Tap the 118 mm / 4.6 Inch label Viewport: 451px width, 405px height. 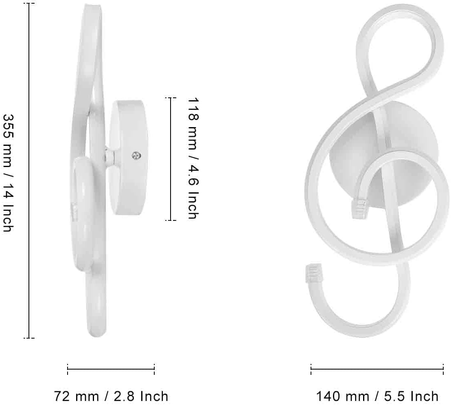tap(193, 158)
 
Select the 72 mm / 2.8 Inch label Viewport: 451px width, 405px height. tap(111, 396)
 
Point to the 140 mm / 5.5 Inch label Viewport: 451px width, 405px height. tap(377, 396)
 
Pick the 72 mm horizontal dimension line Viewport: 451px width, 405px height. tap(111, 369)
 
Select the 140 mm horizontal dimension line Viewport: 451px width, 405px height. tap(377, 369)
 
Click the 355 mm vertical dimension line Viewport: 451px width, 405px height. tap(29, 171)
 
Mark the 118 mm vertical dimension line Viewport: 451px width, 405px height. tap(171, 159)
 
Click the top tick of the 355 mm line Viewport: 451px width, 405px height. tap(29, 4)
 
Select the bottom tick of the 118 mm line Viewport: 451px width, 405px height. tap(171, 220)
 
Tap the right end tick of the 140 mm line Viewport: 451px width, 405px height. tap(443, 369)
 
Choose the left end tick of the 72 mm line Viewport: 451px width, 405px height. tap(68, 369)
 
